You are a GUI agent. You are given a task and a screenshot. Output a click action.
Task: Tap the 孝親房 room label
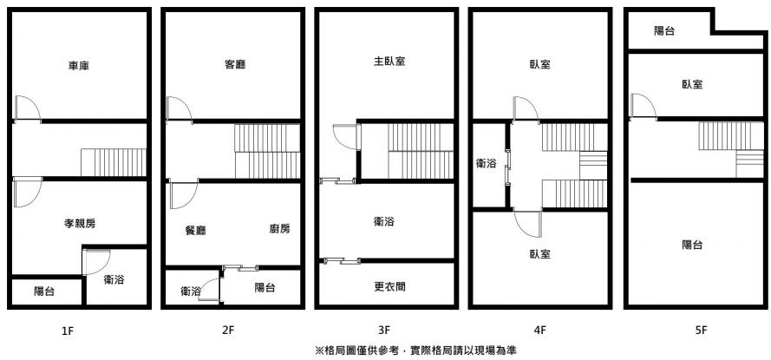click(x=80, y=224)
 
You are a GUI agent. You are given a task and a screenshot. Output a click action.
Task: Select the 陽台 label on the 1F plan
click(x=44, y=291)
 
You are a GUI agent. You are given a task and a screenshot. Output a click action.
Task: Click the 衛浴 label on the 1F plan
click(x=114, y=279)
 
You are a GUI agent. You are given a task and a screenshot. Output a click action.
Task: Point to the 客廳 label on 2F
click(x=234, y=64)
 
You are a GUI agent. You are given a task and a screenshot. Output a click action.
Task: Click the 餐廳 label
click(x=195, y=230)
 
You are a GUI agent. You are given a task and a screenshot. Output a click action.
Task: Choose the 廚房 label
click(x=279, y=229)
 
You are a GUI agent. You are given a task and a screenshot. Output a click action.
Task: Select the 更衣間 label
click(x=389, y=286)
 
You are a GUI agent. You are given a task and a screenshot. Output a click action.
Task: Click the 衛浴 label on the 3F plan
click(x=384, y=222)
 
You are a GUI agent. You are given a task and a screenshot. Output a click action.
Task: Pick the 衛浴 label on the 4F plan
click(x=487, y=163)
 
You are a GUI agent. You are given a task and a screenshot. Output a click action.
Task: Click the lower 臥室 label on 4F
click(x=539, y=254)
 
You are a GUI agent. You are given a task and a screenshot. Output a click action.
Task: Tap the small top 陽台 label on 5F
click(x=665, y=31)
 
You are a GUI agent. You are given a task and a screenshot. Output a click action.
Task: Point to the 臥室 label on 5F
click(x=691, y=84)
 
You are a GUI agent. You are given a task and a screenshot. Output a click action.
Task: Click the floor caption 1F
click(x=68, y=330)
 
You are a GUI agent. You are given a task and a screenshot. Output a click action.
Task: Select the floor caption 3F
click(x=384, y=330)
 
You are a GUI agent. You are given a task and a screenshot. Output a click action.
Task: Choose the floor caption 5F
click(x=701, y=330)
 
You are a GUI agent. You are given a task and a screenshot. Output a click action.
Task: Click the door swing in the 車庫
click(x=26, y=107)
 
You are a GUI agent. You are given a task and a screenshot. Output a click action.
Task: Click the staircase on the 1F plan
click(x=113, y=161)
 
